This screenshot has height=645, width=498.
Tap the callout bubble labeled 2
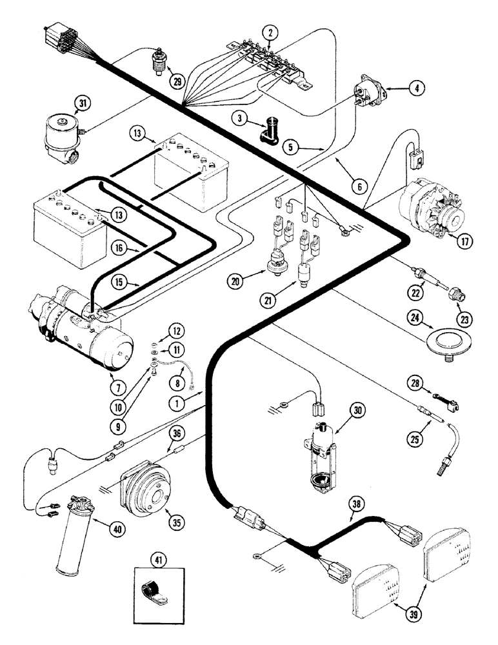271,32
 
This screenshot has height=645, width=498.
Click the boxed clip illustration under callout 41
155,583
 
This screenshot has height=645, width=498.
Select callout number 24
415,316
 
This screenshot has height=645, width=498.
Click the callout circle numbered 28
415,383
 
